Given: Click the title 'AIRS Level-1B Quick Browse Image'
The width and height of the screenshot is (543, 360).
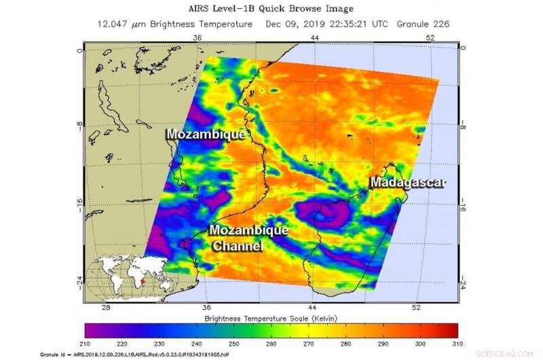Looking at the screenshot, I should coord(271,9).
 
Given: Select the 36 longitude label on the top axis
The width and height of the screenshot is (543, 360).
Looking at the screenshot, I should coord(198,38).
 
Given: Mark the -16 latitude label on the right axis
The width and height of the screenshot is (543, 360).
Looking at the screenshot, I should coord(464,209).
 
